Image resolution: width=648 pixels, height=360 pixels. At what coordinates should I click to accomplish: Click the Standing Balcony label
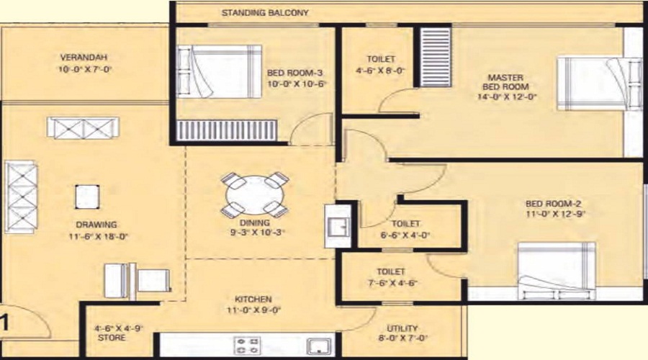265,12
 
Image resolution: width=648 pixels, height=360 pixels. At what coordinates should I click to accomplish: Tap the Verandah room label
84,57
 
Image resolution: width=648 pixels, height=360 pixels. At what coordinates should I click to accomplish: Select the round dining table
255,194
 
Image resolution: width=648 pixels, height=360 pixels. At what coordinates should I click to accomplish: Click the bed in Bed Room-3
219,71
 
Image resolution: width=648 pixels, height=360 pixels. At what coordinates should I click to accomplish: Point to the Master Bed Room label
505,82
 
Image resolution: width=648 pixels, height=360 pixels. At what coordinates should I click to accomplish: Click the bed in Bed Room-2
557,271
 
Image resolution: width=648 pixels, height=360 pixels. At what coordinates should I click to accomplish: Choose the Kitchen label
253,299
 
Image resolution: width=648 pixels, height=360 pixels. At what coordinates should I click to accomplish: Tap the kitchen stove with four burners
248,346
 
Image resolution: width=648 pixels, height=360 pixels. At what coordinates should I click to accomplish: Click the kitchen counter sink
320,346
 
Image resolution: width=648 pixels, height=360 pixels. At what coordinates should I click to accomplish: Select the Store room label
112,338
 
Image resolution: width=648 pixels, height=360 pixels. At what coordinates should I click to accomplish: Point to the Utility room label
402,328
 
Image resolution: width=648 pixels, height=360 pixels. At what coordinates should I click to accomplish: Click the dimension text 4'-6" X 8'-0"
381,71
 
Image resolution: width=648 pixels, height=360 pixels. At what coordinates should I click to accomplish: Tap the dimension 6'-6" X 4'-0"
405,235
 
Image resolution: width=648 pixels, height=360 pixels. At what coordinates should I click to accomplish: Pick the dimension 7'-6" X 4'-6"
391,283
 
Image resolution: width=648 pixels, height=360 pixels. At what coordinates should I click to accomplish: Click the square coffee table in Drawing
87,197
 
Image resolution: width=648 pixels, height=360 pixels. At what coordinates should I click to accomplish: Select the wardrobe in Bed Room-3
227,130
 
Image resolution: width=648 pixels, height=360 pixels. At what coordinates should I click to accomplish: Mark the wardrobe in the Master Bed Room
436,57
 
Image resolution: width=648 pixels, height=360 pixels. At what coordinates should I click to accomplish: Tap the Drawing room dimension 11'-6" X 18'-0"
99,236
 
